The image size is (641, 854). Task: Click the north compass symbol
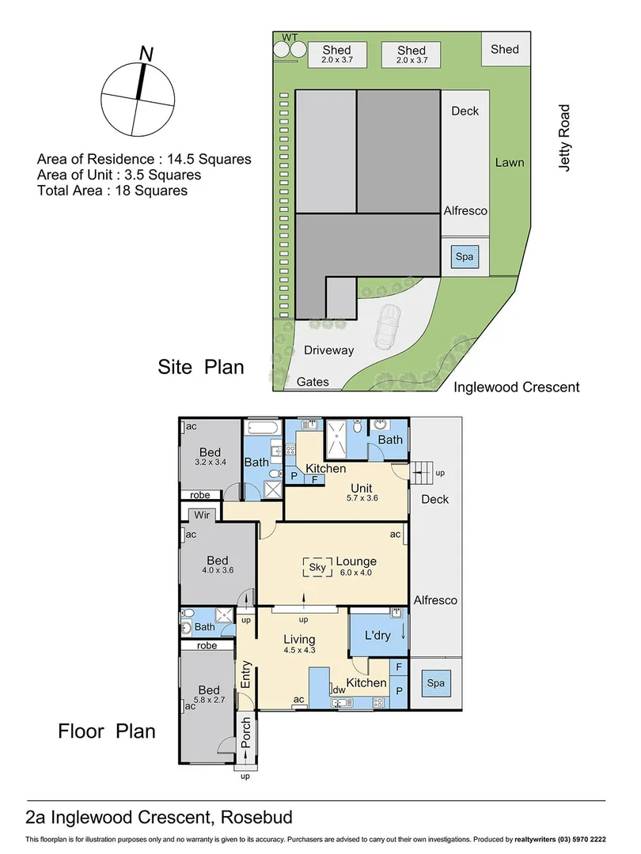pos(139,98)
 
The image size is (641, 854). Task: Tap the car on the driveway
pos(389,327)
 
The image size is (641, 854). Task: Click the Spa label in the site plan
pos(460,256)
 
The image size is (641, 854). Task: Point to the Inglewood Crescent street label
pos(516,387)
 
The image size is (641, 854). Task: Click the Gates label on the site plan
pos(313,382)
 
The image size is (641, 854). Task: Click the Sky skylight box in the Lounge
pos(318,567)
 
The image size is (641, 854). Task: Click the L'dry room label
pos(377,635)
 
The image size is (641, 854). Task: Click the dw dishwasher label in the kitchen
pos(339,690)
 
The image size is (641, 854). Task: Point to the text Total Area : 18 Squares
pos(112,191)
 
